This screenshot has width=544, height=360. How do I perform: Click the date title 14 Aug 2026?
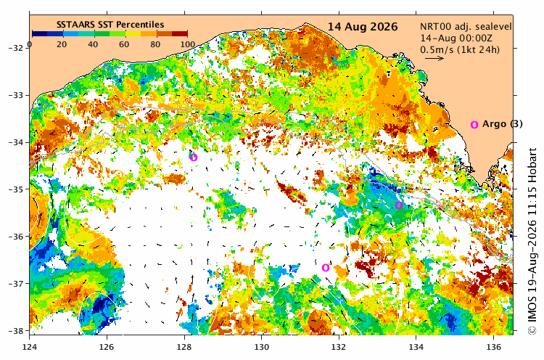coord(363,27)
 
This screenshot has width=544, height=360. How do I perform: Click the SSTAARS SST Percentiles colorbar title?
coord(110,25)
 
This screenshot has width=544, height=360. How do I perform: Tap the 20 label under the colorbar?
coord(62,44)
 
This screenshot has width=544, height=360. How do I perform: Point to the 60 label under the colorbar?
coord(124,44)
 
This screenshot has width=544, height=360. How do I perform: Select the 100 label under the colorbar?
coord(188,44)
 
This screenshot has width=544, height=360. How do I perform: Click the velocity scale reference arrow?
coord(434,58)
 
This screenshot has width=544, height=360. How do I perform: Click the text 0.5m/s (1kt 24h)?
coord(460,49)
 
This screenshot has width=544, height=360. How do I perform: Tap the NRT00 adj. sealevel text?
coord(466,27)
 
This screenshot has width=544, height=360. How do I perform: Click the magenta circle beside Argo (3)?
coord(474,125)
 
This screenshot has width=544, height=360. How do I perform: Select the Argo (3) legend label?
coord(502,124)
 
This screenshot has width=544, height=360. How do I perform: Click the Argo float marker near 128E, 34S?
coord(194,157)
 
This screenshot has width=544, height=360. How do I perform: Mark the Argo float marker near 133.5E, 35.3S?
coord(399,205)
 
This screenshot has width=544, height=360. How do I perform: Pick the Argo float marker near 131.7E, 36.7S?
coord(326,268)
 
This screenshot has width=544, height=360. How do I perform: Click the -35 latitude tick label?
coord(15,189)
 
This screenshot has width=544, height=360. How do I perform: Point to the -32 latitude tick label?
coord(15,48)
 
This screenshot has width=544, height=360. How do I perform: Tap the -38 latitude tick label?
coord(15,331)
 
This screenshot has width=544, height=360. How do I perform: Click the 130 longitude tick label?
coord(261,347)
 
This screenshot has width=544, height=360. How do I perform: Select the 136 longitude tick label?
coord(494,347)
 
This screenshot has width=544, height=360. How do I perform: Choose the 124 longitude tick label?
coord(30,347)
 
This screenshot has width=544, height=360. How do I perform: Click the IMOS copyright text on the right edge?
coord(532,242)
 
